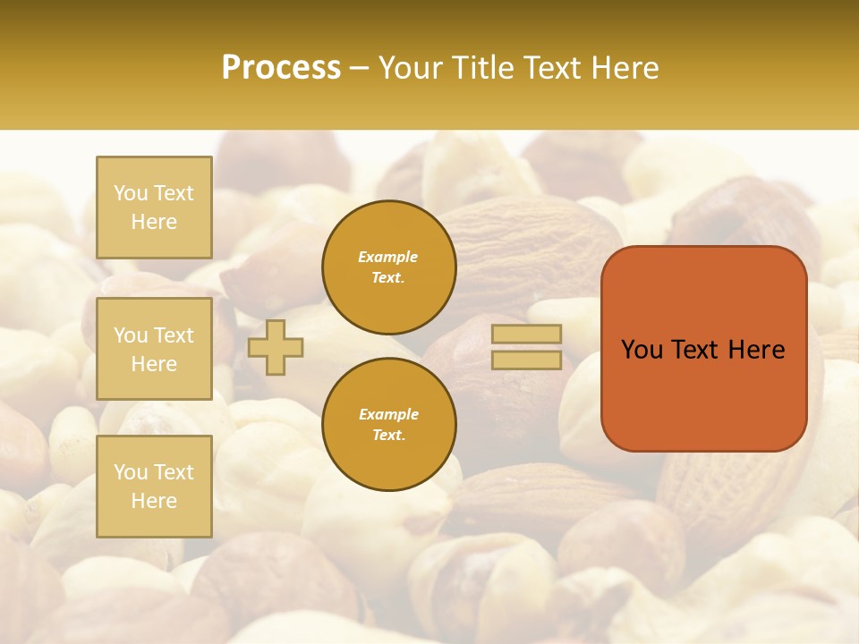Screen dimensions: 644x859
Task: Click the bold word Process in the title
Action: (281, 68)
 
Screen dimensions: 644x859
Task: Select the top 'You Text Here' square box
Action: (154, 208)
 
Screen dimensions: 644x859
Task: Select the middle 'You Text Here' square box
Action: (154, 349)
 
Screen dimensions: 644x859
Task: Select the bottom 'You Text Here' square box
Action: (154, 487)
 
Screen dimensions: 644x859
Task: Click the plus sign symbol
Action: (276, 348)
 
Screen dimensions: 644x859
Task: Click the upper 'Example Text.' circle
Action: (389, 267)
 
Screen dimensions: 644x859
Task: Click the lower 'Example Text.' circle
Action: (389, 425)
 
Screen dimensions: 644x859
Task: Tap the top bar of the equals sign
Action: (526, 335)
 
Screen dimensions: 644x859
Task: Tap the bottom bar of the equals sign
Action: (526, 360)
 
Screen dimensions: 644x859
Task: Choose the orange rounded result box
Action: (704, 349)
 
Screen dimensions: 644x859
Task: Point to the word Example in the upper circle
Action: (388, 257)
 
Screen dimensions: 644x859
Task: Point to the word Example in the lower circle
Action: (388, 414)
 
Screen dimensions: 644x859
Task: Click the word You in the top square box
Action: (131, 193)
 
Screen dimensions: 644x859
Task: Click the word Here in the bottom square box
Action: (154, 501)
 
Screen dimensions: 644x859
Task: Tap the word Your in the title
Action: (412, 68)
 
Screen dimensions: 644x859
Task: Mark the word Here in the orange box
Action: (757, 350)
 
